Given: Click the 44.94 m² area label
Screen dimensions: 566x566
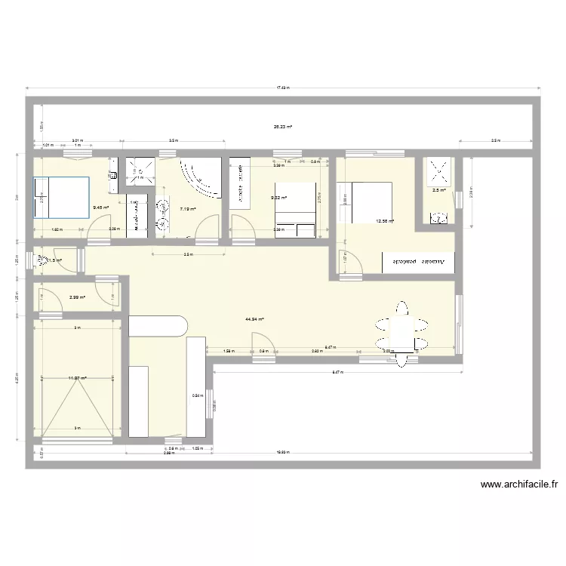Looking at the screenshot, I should point(254,319).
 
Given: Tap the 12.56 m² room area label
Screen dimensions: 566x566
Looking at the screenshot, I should point(385,221).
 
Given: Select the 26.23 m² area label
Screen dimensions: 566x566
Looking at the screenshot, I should point(282,127).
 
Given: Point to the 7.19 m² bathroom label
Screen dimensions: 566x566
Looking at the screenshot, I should point(188,210).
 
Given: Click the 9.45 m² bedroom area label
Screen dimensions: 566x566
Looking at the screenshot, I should point(101,208).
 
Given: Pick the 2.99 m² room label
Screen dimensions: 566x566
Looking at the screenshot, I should point(76,297).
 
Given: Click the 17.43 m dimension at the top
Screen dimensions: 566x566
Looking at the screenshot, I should point(282,88).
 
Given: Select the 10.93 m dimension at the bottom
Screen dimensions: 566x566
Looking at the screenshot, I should point(282,453).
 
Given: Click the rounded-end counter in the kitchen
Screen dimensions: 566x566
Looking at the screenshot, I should point(158,326).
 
